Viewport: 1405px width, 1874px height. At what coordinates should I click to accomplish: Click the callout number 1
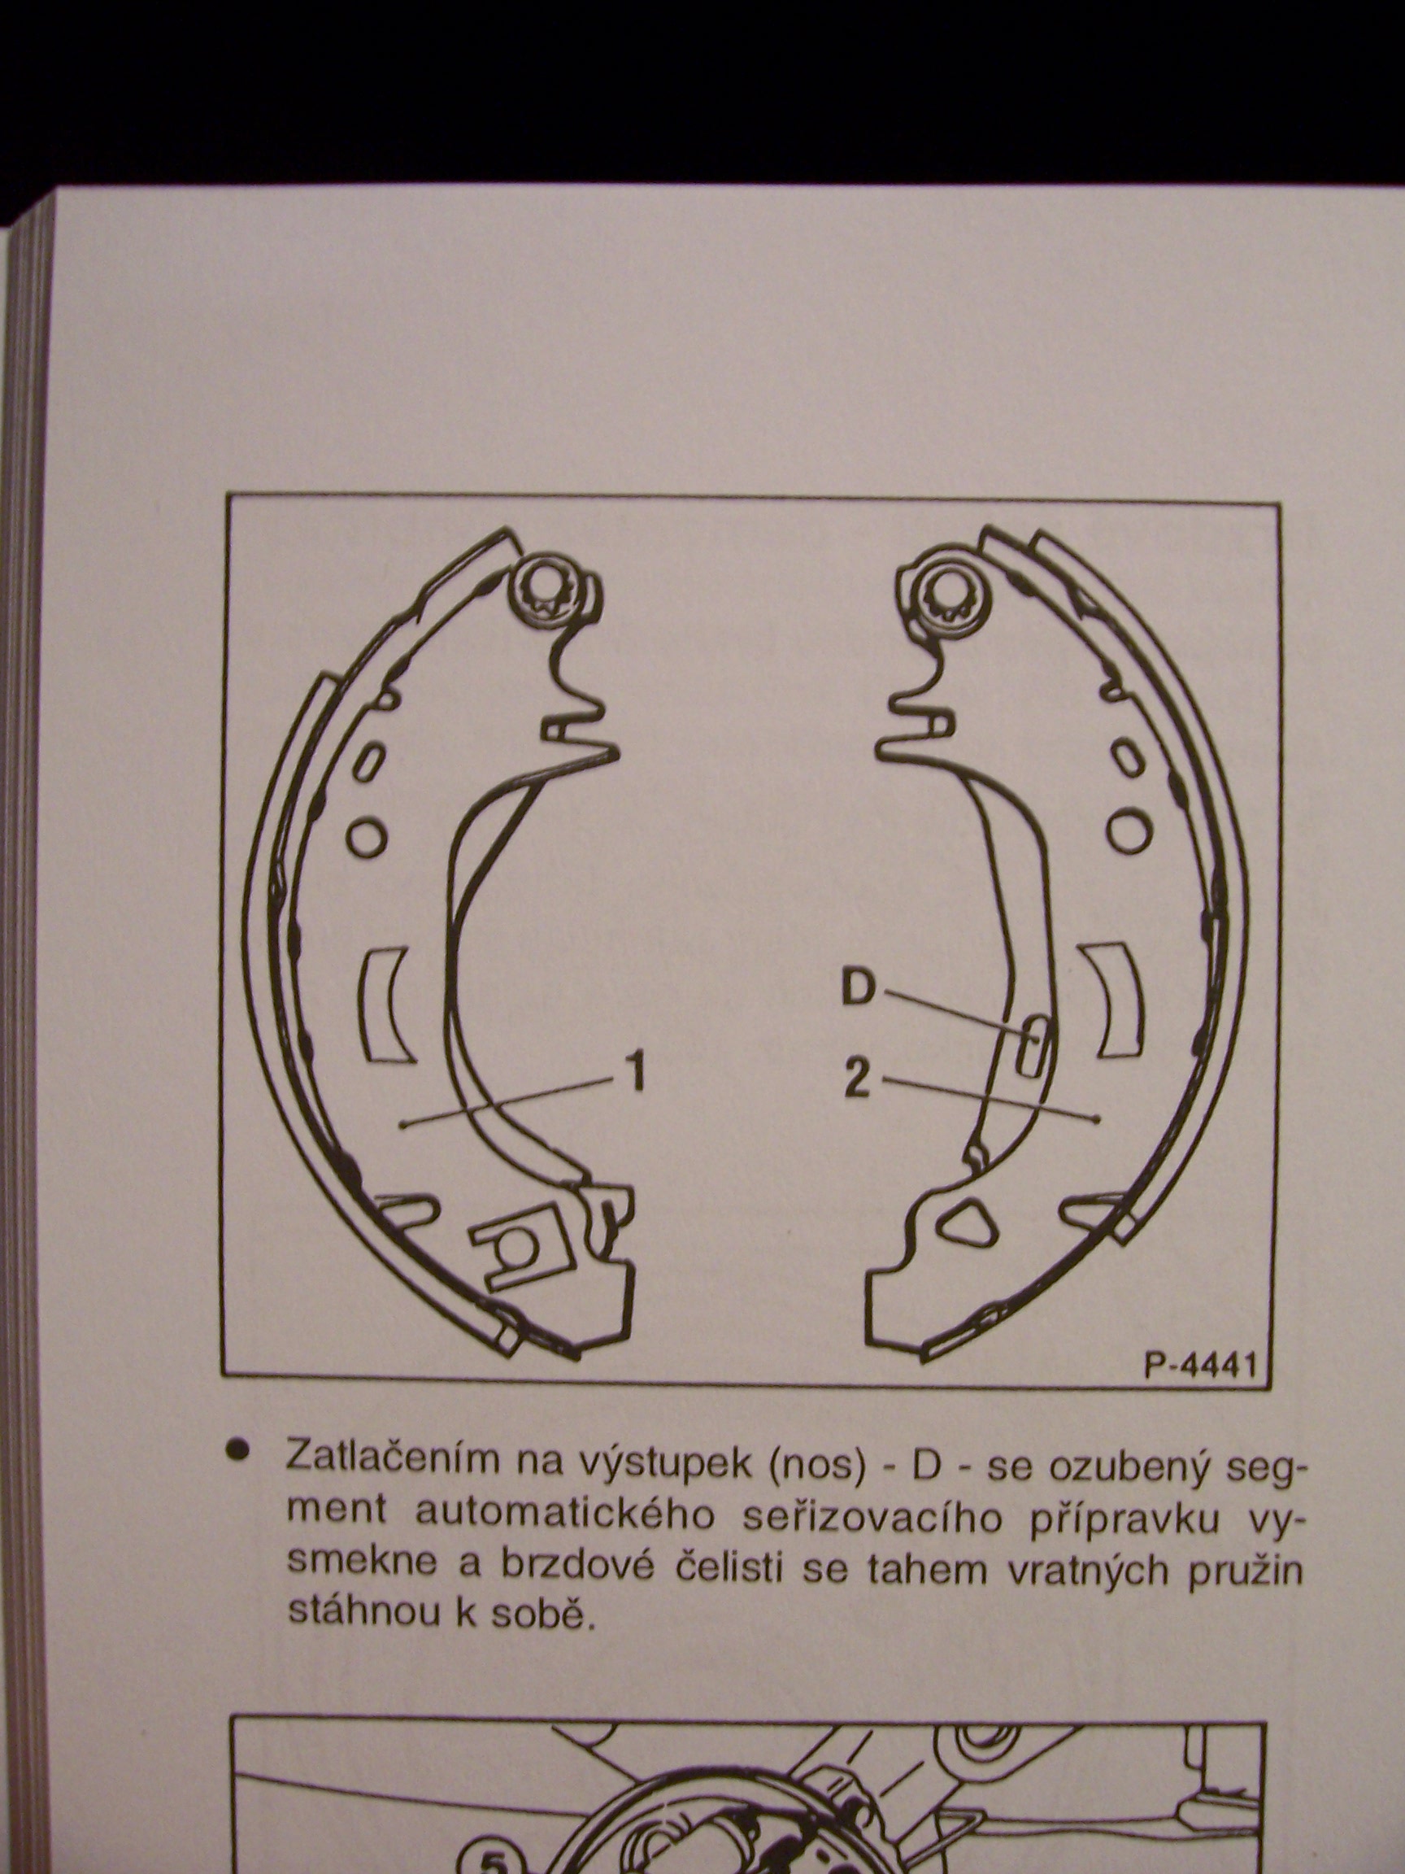point(635,1072)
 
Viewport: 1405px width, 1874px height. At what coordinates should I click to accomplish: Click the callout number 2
point(856,1080)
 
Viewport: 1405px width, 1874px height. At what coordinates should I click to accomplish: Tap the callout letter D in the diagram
point(857,989)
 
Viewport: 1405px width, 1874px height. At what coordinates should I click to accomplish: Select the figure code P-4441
point(1198,1366)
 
